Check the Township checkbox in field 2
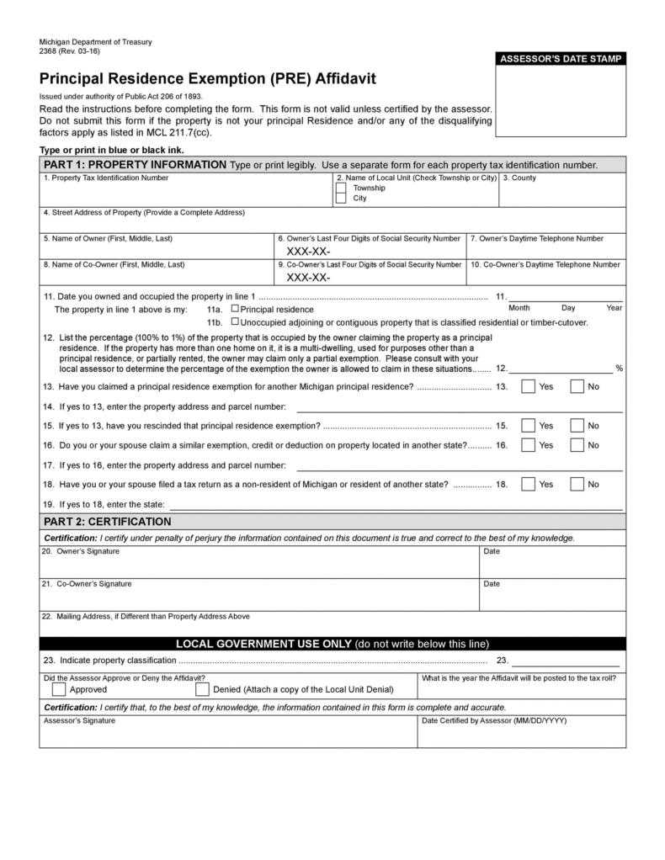coord(340,188)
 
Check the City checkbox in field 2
coord(340,199)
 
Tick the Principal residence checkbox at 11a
coord(235,309)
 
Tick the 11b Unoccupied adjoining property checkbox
coord(235,321)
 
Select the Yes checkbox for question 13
coord(528,387)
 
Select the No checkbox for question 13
coord(577,387)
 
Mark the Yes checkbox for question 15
coord(528,426)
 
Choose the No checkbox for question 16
coord(577,445)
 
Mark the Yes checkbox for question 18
coord(528,484)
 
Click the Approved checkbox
coord(59,689)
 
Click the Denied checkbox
coord(202,689)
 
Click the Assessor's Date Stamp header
coord(561,59)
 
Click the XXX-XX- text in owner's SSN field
coord(308,252)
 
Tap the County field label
coord(519,178)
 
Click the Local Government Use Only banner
coord(332,644)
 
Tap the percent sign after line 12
coord(619,369)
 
